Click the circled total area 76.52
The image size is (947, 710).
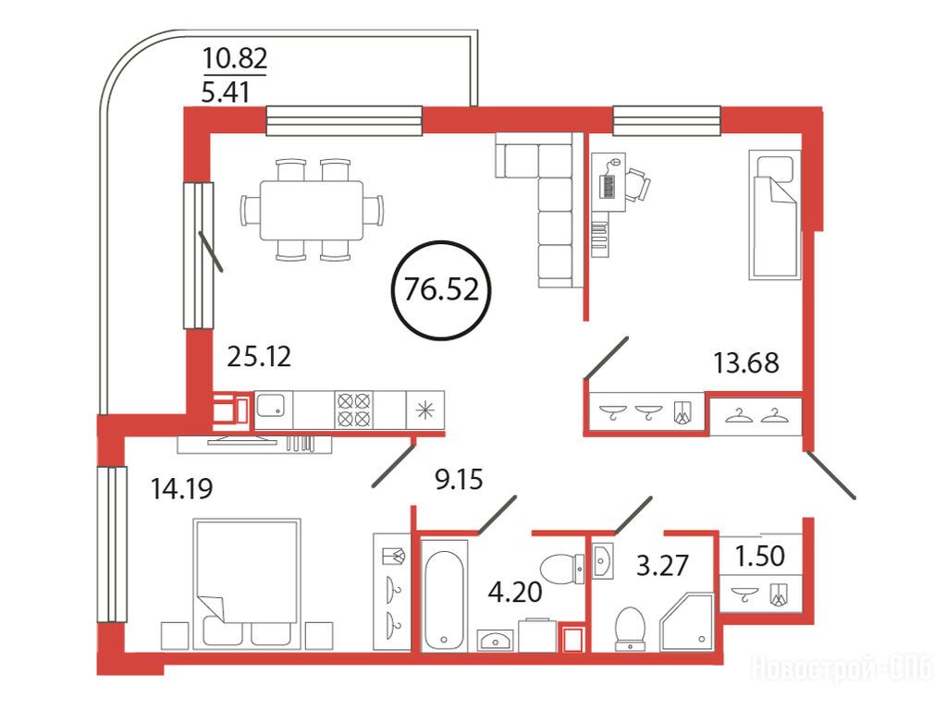[x=441, y=289]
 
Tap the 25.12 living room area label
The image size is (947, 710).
[x=259, y=356]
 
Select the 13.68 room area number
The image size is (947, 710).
[x=746, y=362]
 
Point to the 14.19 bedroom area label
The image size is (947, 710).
[x=182, y=488]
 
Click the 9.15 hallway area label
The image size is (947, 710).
[x=459, y=480]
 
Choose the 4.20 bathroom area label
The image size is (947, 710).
[x=514, y=593]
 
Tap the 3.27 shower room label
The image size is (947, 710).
[x=662, y=566]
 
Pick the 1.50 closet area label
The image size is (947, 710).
[x=760, y=556]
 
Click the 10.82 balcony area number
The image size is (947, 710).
[x=235, y=58]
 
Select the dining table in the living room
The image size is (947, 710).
[x=312, y=210]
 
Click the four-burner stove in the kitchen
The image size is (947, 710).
[x=354, y=410]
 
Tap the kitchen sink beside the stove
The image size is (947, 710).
[x=274, y=405]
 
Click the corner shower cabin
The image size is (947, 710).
[x=688, y=623]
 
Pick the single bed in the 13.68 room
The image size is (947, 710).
[x=775, y=214]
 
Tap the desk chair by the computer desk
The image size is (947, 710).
[x=638, y=184]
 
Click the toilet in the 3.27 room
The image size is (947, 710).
[x=630, y=629]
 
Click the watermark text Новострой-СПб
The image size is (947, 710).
[x=842, y=668]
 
